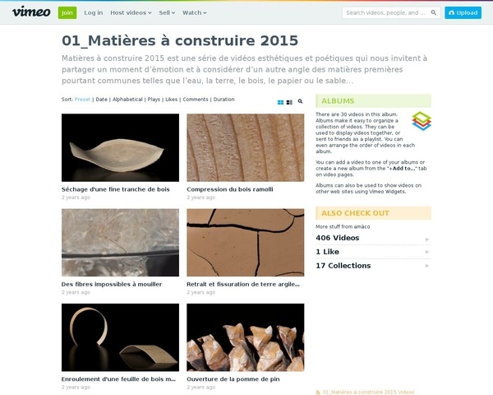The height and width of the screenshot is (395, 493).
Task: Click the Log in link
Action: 94,13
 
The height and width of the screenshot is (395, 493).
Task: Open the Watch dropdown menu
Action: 194,13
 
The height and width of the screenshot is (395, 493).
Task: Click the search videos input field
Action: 386,13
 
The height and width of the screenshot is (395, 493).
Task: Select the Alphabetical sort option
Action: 127,100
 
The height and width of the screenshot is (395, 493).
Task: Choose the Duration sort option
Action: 223,100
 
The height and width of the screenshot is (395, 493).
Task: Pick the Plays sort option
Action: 154,100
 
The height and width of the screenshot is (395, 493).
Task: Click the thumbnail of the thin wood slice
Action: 120,147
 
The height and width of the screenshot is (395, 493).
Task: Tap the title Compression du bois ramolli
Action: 230,189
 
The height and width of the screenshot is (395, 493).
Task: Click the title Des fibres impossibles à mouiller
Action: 112,285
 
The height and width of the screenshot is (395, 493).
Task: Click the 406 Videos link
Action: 338,238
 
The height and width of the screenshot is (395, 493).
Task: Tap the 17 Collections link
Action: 343,266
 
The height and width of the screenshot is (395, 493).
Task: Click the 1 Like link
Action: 329,252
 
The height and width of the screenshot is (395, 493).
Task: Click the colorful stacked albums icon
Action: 421,122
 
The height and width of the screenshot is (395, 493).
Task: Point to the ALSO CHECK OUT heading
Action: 344,213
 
